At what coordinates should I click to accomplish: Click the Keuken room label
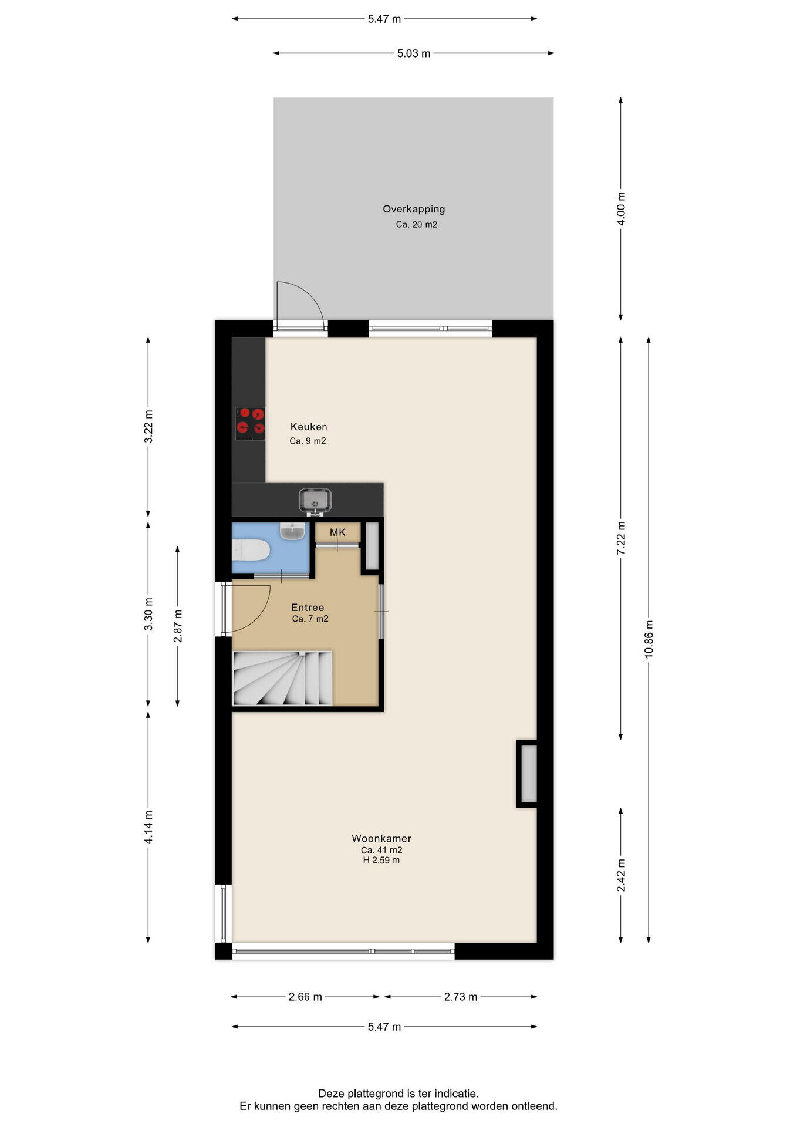[309, 427]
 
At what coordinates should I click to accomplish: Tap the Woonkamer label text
[381, 838]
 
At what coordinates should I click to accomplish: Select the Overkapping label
[414, 209]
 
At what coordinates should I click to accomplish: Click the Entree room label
[308, 608]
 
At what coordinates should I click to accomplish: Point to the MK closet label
[337, 532]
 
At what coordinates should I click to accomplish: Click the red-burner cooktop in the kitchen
[250, 423]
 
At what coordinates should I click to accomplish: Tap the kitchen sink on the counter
[315, 501]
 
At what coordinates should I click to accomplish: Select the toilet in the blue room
[251, 551]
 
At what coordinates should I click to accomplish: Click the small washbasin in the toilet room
[292, 531]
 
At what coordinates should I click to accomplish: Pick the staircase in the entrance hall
[283, 678]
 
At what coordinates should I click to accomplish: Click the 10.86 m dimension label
[649, 639]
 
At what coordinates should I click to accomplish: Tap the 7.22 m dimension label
[621, 538]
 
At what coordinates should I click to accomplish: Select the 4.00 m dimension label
[621, 208]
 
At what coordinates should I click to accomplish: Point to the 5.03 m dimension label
[414, 53]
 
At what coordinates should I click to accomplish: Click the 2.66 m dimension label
[305, 997]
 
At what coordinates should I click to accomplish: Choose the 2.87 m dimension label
[178, 626]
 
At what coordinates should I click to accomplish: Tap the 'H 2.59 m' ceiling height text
[381, 860]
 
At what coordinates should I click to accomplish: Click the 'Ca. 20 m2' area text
[417, 224]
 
